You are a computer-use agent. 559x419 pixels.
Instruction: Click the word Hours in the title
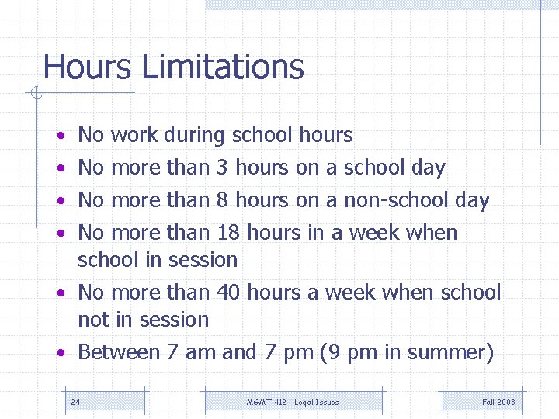tap(88, 68)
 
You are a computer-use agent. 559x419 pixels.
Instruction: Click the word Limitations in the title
tap(223, 68)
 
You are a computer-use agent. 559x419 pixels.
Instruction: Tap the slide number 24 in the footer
tap(75, 402)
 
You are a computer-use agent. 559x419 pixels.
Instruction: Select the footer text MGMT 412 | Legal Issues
tap(293, 402)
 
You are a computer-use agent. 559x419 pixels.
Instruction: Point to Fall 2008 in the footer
tap(498, 402)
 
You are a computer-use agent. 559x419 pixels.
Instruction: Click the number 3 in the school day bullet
tap(222, 168)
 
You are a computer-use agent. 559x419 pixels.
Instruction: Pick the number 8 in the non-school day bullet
tap(222, 200)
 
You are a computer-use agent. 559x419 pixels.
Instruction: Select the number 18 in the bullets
tap(227, 233)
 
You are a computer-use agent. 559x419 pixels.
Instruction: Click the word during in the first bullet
tap(194, 136)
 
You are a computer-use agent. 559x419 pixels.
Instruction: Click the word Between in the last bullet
tap(118, 352)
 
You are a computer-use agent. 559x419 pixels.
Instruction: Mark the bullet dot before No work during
tap(61, 137)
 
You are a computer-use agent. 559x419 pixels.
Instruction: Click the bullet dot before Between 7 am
tap(61, 353)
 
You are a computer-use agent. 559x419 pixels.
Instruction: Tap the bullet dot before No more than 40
tap(61, 293)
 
